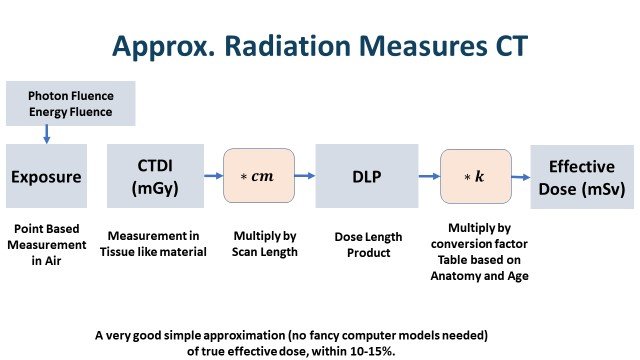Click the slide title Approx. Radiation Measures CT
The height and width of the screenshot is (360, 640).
[x=320, y=46]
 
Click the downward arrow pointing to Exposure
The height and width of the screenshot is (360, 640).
[x=45, y=133]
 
